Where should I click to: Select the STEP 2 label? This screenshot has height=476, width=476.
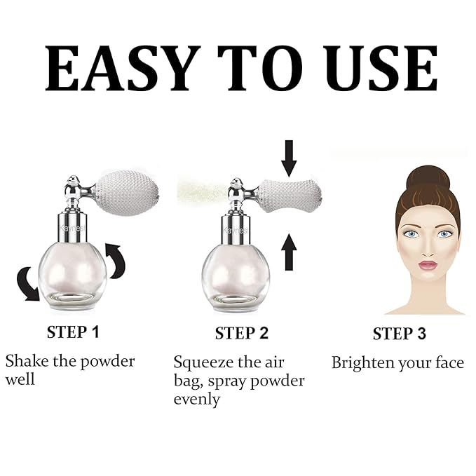click(x=242, y=332)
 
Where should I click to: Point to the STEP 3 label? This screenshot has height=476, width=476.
click(x=399, y=334)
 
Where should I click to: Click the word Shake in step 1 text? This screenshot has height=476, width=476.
click(x=26, y=362)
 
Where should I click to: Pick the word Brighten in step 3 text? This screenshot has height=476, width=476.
click(x=362, y=362)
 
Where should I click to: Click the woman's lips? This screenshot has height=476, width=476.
click(x=428, y=265)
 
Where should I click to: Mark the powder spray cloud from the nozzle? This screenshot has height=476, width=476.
click(x=200, y=188)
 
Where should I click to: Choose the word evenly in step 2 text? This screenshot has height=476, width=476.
click(x=197, y=400)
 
